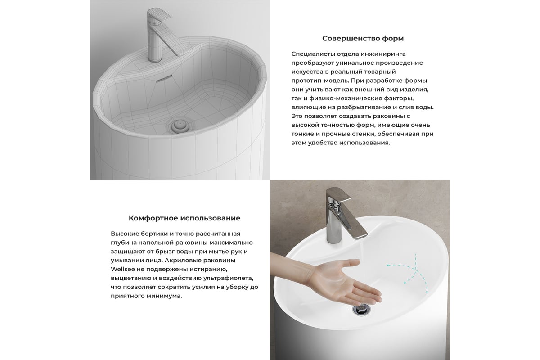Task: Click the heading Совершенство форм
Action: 363,38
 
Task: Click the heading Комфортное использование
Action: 184,218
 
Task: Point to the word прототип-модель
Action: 319,81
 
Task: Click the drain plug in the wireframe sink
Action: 179,126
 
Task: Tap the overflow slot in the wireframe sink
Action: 164,78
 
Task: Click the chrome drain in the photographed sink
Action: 360,309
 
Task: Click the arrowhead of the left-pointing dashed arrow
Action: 389,265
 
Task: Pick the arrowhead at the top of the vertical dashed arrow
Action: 415,255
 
